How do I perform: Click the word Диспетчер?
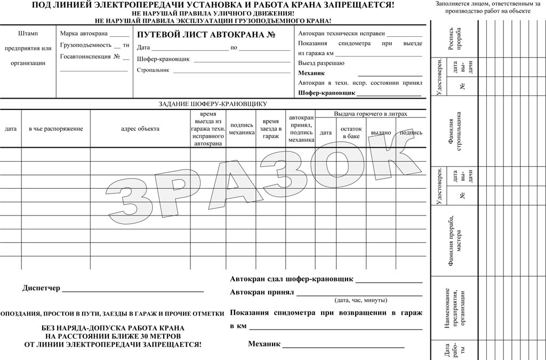[x=42, y=289]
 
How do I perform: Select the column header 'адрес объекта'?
[x=140, y=129]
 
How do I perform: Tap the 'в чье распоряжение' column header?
[x=52, y=129]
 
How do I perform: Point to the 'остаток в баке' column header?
[x=351, y=133]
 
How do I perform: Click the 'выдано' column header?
[x=381, y=133]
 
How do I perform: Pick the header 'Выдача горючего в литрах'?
[x=371, y=114]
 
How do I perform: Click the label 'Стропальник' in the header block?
[x=153, y=70]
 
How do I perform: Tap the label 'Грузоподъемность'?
[x=86, y=45]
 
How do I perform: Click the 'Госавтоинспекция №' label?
[x=86, y=57]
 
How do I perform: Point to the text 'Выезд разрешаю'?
[x=321, y=63]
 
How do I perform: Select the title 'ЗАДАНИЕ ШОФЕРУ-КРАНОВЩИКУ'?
[x=213, y=104]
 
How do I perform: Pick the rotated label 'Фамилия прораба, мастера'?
[x=455, y=240]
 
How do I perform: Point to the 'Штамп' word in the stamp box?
[x=28, y=34]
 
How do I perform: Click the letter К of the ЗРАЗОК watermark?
[x=387, y=157]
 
